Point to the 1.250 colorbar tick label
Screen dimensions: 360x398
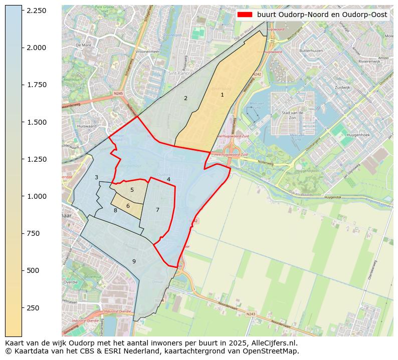36,159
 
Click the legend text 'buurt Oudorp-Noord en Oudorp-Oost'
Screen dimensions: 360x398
322,15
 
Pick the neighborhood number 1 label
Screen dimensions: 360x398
222,95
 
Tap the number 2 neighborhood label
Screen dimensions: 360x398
185,98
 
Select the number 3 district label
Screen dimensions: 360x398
96,177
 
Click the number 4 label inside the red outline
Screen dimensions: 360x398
168,179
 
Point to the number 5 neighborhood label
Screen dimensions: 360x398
132,190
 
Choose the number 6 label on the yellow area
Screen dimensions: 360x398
128,206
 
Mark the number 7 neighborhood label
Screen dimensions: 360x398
157,210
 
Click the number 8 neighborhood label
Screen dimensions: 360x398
115,210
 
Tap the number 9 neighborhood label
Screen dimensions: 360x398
134,261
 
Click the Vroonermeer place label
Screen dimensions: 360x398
147,52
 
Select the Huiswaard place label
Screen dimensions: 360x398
87,126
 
